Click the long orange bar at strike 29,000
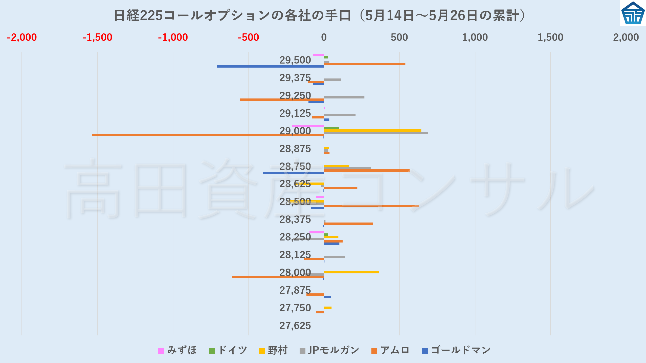(x=207, y=135)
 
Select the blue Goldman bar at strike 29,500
(x=270, y=67)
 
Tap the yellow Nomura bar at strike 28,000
(x=351, y=272)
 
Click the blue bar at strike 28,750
(x=293, y=173)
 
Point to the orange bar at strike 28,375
(x=348, y=224)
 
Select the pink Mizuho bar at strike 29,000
(x=308, y=126)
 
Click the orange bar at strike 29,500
(x=364, y=64)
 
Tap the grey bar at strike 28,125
(x=334, y=257)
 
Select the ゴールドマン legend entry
(x=456, y=351)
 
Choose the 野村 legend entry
(x=274, y=351)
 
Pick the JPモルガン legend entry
(x=329, y=351)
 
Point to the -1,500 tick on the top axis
(x=97, y=37)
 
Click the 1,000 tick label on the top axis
(x=475, y=37)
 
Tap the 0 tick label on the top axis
(x=324, y=37)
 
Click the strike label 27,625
(x=295, y=326)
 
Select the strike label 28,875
(x=295, y=149)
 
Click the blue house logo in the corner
(x=633, y=13)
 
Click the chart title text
(x=320, y=16)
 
